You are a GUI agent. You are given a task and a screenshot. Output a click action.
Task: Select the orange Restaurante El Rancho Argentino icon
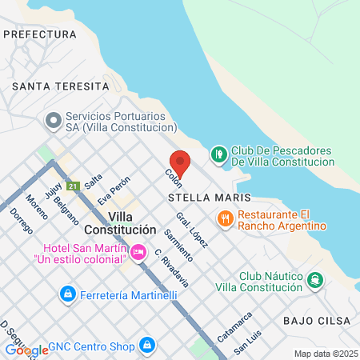226,218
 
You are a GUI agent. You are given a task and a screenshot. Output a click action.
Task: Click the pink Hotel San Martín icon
138,253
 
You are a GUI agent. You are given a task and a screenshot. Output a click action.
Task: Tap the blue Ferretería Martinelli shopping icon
69,295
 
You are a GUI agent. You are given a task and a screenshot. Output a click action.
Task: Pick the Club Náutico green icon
315,280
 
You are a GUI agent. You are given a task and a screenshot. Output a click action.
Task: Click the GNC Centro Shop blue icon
146,345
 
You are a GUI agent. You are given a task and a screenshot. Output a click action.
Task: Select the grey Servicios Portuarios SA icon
54,121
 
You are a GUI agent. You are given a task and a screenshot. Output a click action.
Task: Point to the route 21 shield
73,186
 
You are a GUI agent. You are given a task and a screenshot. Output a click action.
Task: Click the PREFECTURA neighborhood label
40,34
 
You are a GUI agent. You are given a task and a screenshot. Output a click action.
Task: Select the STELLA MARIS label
210,197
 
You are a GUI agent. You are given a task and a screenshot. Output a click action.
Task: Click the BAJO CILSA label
317,320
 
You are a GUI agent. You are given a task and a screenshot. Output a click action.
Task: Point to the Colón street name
174,178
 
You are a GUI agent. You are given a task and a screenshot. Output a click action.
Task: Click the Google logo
26,350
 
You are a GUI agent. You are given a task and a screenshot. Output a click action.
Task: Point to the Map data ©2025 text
326,354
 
